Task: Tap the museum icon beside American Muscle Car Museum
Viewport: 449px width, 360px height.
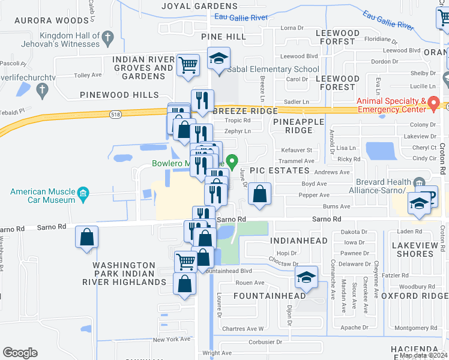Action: (83, 193)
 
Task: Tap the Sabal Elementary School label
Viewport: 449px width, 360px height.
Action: (273, 69)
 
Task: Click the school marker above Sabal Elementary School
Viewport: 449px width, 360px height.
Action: (218, 59)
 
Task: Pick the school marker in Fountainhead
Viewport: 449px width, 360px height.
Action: (306, 277)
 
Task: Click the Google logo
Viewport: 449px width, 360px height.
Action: (20, 353)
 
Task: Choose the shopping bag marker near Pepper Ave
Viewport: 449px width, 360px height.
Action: (259, 194)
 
